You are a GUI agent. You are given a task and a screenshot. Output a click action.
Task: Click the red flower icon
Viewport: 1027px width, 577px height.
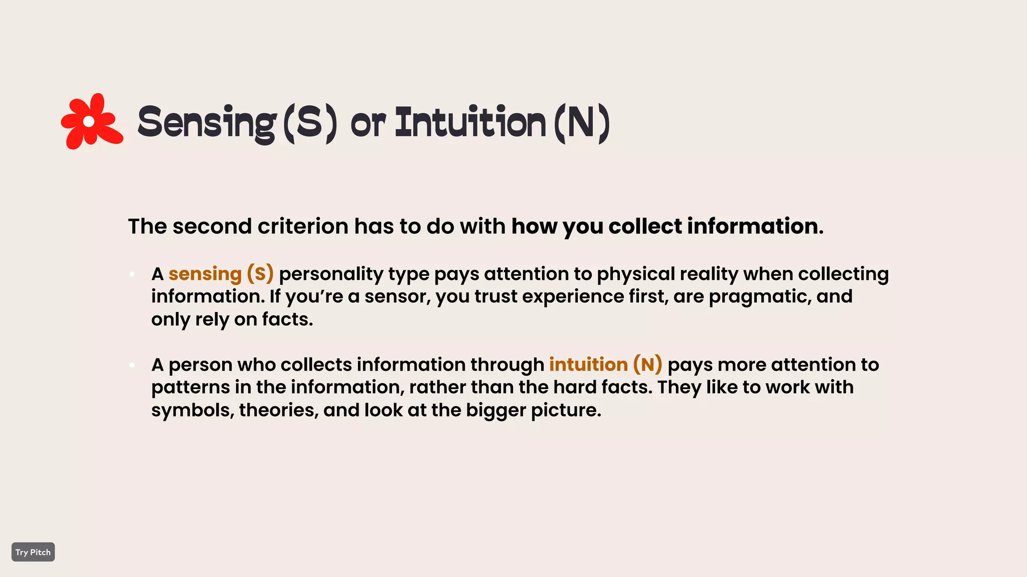point(92,121)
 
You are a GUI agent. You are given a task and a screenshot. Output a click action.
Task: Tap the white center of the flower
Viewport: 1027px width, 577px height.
point(89,121)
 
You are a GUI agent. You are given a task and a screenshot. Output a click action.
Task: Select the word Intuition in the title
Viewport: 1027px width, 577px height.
point(470,123)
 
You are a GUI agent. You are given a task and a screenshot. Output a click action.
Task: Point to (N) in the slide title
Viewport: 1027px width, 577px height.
point(582,123)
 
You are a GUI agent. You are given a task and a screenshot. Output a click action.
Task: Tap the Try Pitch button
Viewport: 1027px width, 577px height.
point(33,552)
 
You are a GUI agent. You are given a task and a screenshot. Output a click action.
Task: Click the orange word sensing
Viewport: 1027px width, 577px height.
point(205,274)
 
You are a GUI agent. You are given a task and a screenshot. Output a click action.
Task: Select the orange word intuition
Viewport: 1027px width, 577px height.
point(588,365)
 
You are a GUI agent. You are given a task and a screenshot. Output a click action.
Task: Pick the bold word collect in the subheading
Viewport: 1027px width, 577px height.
point(645,226)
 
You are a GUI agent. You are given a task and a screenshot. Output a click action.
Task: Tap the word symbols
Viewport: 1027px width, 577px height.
point(193,410)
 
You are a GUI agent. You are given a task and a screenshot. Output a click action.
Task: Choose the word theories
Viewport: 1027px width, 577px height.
point(278,410)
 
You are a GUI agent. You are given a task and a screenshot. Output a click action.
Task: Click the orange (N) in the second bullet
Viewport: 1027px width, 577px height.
point(647,365)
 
